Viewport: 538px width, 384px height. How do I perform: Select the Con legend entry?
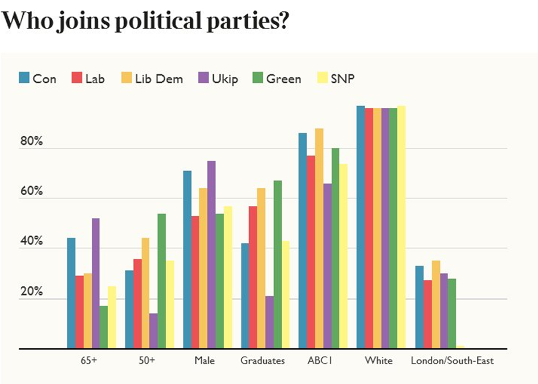(38, 79)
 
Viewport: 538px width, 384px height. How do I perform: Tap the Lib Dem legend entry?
(152, 79)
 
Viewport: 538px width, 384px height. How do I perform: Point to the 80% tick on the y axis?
(32, 142)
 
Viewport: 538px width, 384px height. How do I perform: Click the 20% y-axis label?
(32, 292)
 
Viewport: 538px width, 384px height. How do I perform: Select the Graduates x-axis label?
(262, 361)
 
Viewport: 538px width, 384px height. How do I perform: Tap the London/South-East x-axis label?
(452, 361)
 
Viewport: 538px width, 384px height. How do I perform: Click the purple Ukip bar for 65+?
(95, 283)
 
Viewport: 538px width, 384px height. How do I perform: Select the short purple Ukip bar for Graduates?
(270, 322)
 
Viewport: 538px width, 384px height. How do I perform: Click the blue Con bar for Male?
(187, 259)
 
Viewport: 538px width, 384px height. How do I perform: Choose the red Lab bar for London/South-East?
(427, 314)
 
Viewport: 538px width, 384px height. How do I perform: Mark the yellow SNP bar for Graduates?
(286, 294)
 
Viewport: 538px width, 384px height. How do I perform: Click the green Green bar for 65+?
(104, 327)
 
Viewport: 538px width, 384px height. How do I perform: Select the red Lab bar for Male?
(195, 282)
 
